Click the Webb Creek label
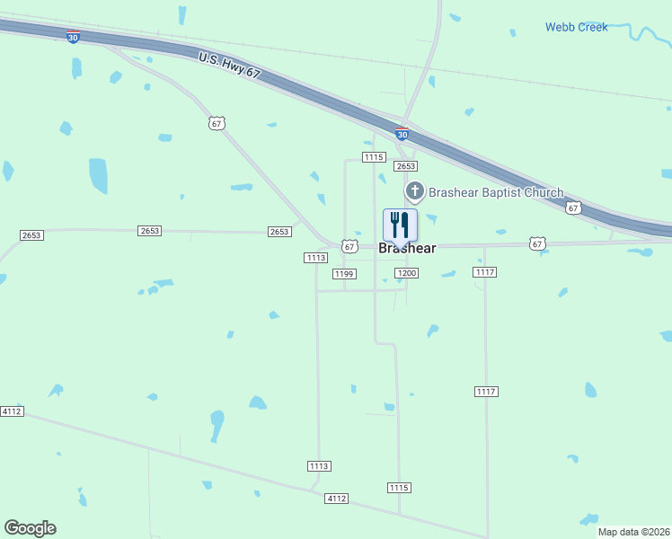[x=576, y=27]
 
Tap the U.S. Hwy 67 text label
[x=229, y=66]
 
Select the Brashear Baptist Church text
[x=496, y=192]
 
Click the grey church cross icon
[x=414, y=191]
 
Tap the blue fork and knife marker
[x=400, y=225]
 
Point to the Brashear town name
[x=407, y=248]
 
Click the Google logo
[x=30, y=528]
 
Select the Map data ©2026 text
[x=633, y=532]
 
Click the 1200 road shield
[x=406, y=273]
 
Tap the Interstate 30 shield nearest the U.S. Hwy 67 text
[x=73, y=37]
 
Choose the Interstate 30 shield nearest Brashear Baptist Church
[x=402, y=135]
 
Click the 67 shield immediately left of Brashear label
[x=349, y=246]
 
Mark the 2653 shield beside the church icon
[x=406, y=166]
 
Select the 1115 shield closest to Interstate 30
[x=375, y=157]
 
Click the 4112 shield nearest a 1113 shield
[x=337, y=498]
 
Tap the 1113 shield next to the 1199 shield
[x=315, y=258]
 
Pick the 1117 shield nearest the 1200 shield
[x=485, y=272]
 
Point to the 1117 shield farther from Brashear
[x=486, y=392]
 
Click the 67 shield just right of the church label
[x=573, y=208]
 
